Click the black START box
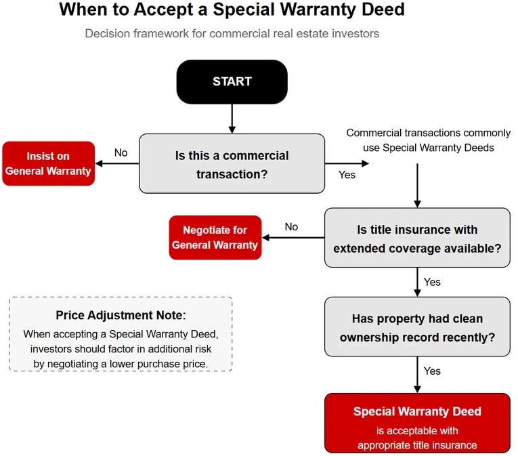click(x=232, y=82)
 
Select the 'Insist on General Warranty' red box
click(x=48, y=163)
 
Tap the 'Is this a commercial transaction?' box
click(x=232, y=164)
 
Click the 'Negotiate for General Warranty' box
click(x=215, y=238)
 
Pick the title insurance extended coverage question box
click(x=416, y=239)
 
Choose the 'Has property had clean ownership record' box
click(x=416, y=327)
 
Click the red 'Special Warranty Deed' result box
click(x=416, y=423)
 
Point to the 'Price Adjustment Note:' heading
click(x=121, y=316)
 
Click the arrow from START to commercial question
click(x=232, y=119)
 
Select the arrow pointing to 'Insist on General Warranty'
click(x=116, y=163)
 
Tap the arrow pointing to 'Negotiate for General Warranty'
click(x=293, y=238)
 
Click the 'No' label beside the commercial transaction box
click(x=121, y=152)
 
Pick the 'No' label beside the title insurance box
click(x=291, y=226)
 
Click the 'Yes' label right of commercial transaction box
click(x=347, y=175)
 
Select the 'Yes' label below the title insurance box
click(x=432, y=281)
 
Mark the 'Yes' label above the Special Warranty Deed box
click(x=432, y=371)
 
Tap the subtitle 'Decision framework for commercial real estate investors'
click(x=232, y=33)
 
